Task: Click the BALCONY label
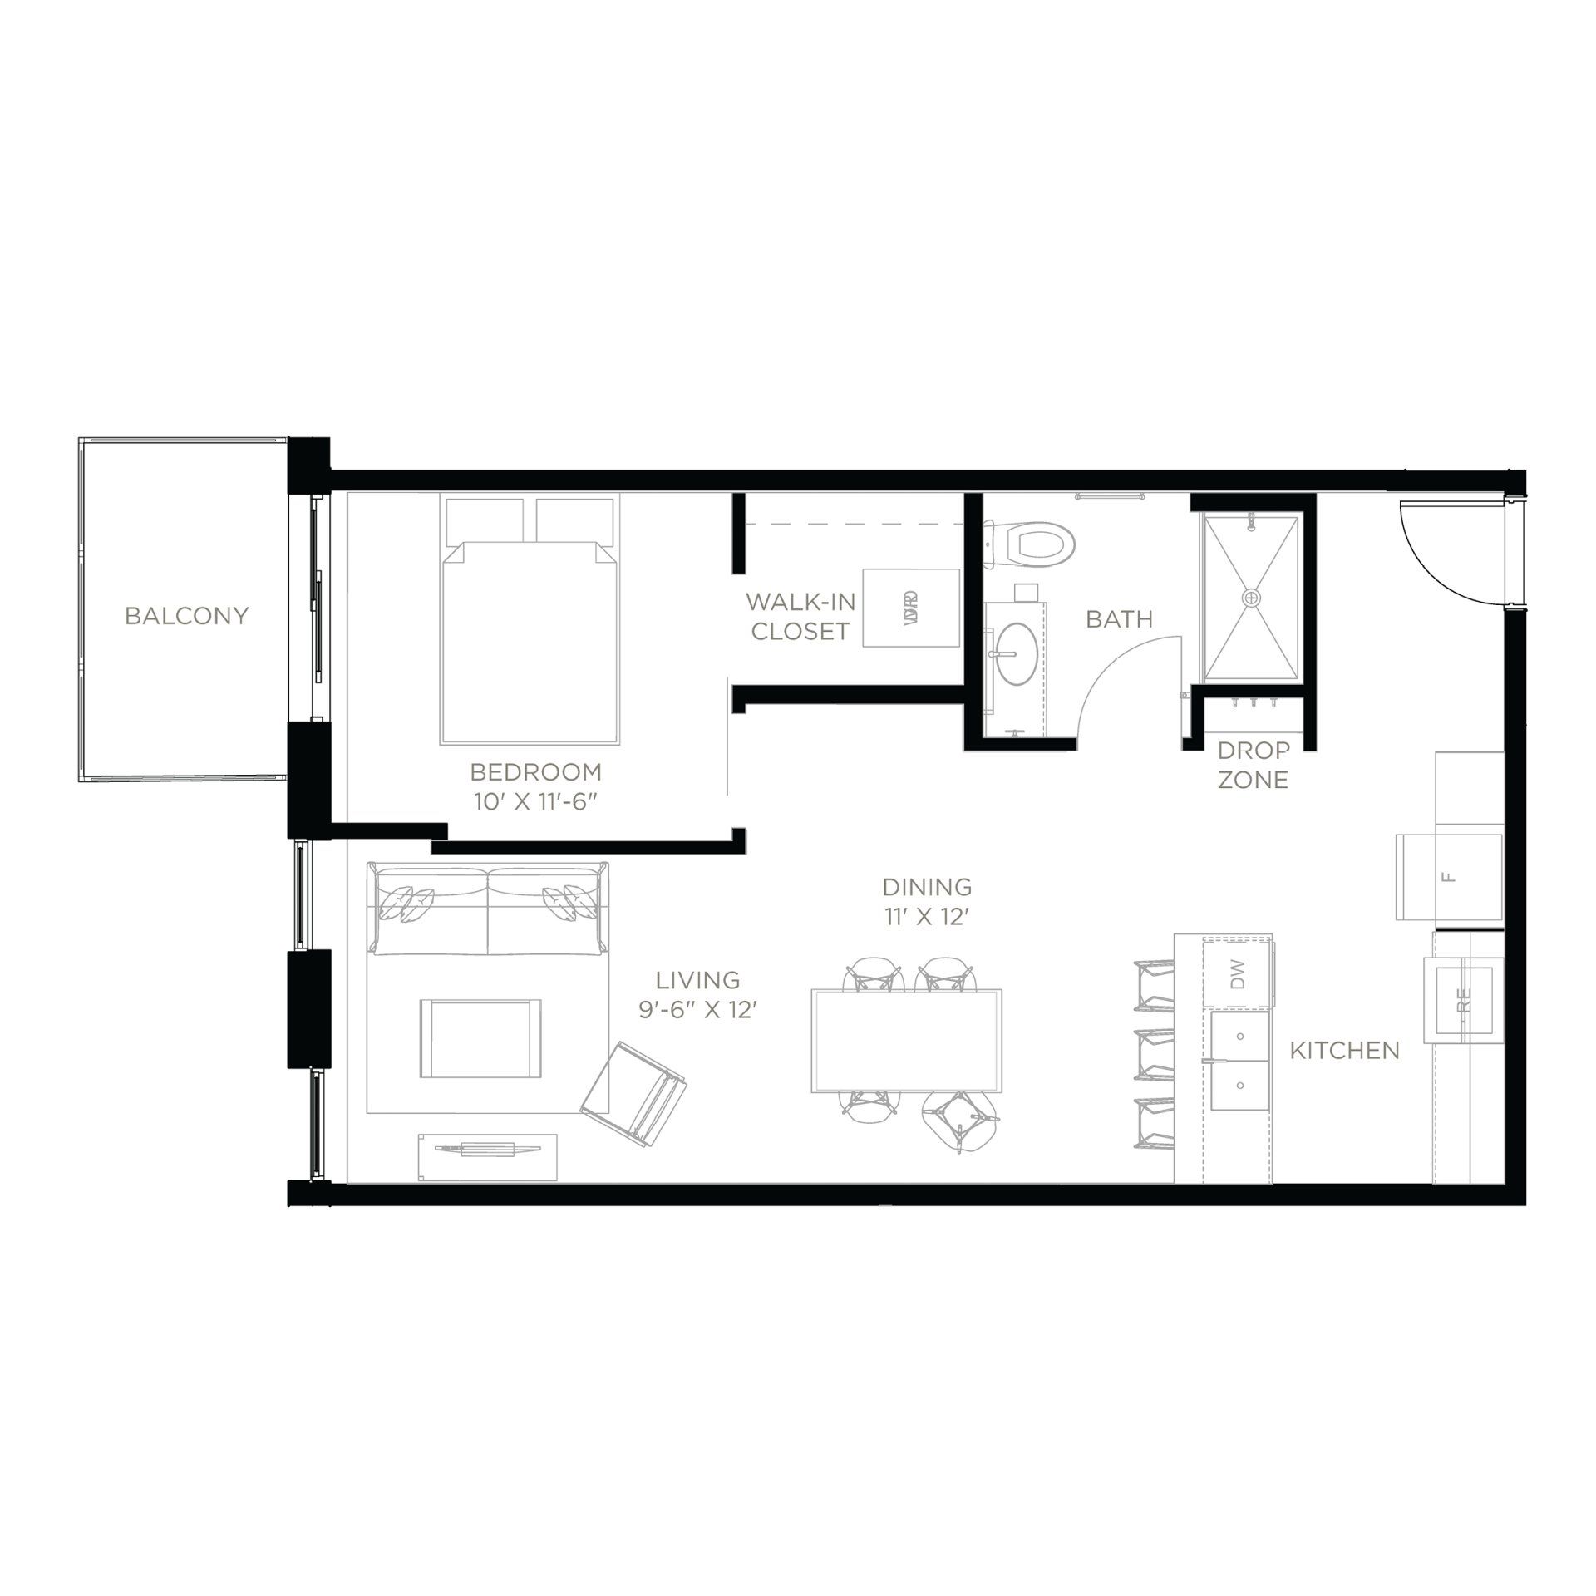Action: (186, 616)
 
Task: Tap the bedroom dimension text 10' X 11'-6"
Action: (535, 804)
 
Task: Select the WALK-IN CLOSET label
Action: (800, 616)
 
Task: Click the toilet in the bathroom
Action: (1035, 542)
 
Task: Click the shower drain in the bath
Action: (1251, 597)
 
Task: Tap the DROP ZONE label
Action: (1253, 765)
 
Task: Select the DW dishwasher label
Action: (1238, 973)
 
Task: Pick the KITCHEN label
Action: (1344, 1051)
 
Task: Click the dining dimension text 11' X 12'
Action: (927, 917)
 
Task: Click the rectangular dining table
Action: (907, 1041)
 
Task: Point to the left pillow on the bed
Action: (485, 519)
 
